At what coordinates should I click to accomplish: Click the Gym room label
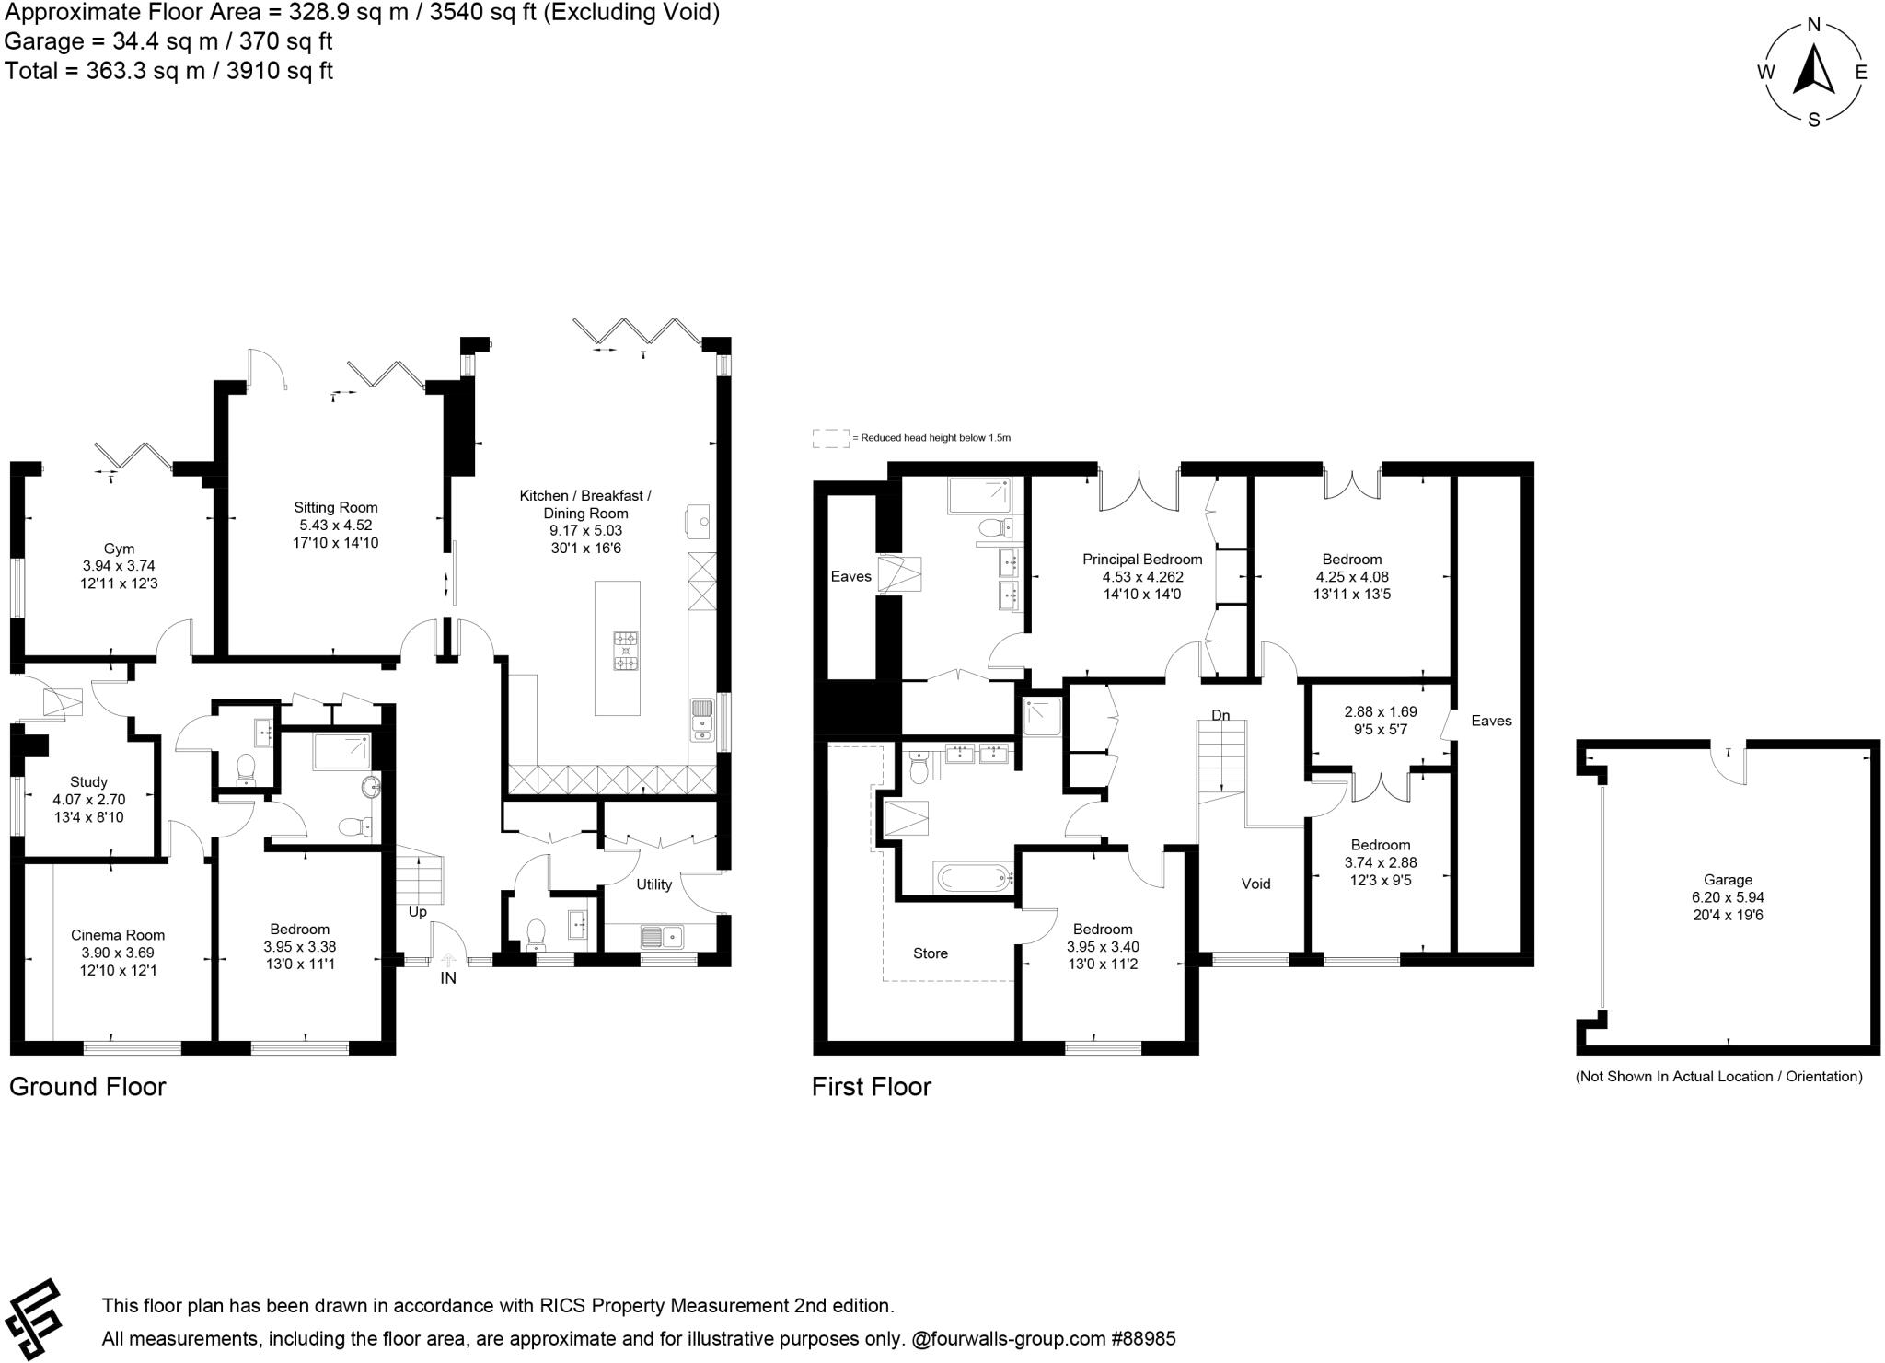[x=119, y=549]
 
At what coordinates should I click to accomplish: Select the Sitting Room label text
[x=336, y=507]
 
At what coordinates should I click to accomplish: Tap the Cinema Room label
[x=118, y=935]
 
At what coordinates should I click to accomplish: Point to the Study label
[x=88, y=782]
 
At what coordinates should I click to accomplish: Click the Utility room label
[x=653, y=884]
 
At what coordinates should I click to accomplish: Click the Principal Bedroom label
[x=1142, y=560]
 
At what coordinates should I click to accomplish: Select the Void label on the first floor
[x=1255, y=884]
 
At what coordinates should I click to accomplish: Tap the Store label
[x=931, y=953]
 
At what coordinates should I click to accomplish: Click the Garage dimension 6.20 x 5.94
[x=1728, y=897]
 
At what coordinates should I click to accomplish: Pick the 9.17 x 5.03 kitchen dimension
[x=584, y=531]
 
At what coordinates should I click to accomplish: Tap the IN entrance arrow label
[x=448, y=978]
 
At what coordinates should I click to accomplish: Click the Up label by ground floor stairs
[x=417, y=912]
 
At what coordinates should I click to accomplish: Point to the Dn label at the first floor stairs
[x=1220, y=715]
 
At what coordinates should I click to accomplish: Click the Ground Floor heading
[x=87, y=1087]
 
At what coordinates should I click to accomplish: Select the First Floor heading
[x=872, y=1087]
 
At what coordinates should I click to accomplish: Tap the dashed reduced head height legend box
[x=830, y=438]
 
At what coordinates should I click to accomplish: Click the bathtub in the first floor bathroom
[x=973, y=878]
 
